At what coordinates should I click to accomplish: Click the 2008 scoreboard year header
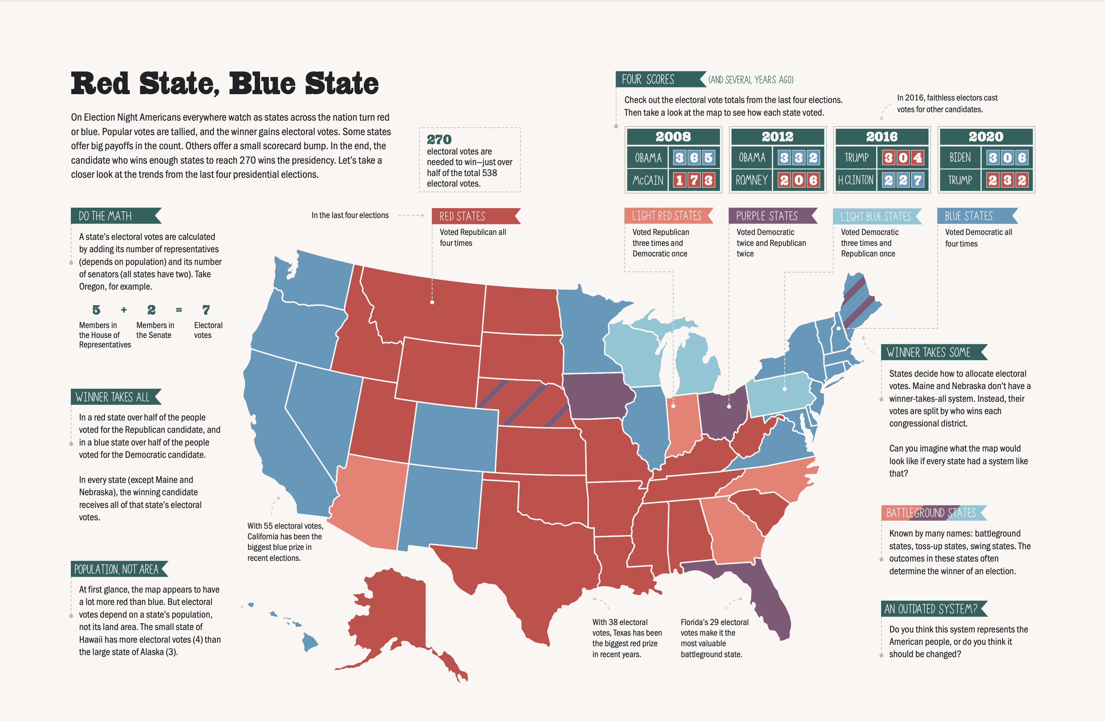(x=673, y=137)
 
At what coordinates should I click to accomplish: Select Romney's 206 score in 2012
(x=798, y=180)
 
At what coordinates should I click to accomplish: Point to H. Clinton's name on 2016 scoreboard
(x=855, y=180)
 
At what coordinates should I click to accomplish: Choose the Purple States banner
(x=767, y=216)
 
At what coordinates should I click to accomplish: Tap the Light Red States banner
(x=666, y=216)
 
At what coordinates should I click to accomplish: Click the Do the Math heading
(x=105, y=216)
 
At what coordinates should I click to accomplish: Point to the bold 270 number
(x=439, y=139)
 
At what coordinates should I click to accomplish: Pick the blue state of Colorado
(x=453, y=437)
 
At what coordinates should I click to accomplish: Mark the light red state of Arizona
(x=369, y=502)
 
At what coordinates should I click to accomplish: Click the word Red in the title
(x=100, y=84)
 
